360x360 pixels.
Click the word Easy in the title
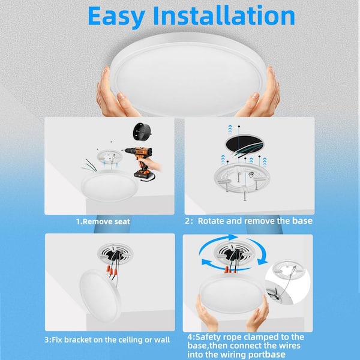(116, 17)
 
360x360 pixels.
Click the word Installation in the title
(224, 16)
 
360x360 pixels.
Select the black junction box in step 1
(142, 132)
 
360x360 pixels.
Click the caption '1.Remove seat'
(103, 221)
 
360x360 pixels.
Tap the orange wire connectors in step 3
(112, 271)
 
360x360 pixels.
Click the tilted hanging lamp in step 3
(100, 295)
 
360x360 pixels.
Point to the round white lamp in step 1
(110, 186)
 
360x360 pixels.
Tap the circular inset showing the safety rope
(287, 282)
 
